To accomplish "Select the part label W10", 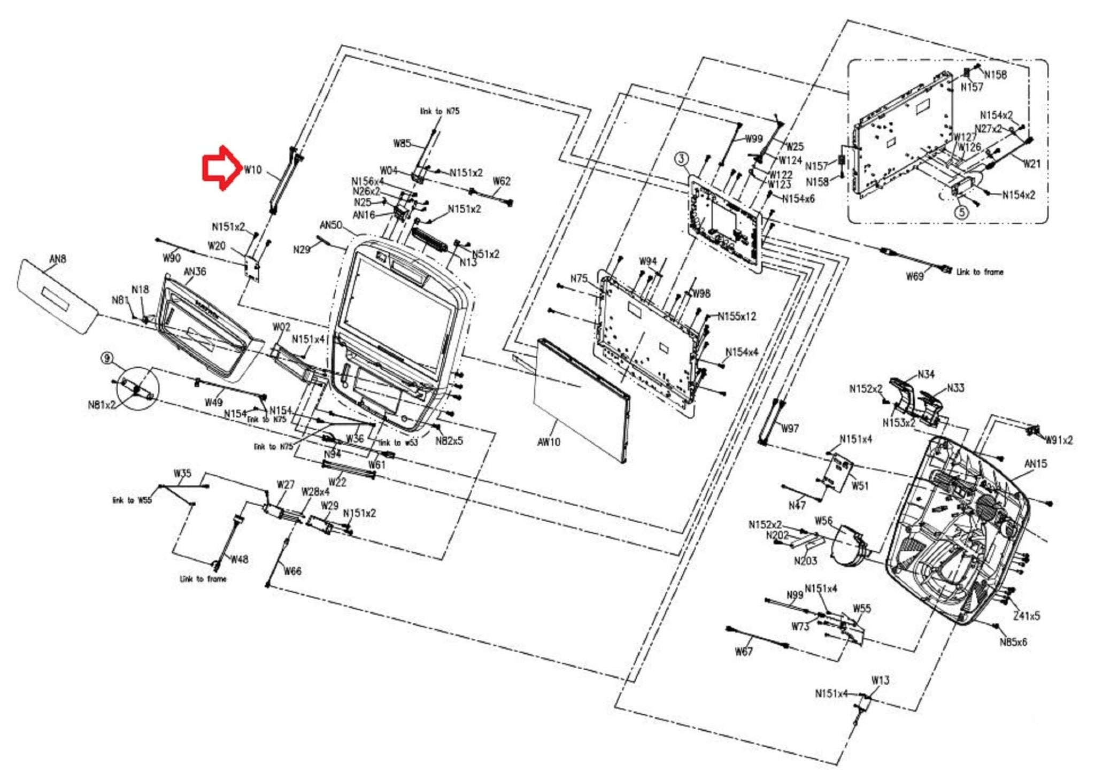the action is pos(253,170).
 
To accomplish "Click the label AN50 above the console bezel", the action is pos(330,225).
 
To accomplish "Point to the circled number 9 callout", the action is pos(108,358).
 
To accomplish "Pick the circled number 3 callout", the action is pos(681,159).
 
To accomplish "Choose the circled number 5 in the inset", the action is pos(961,212).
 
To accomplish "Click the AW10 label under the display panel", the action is pos(549,442).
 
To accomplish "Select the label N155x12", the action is pos(737,316).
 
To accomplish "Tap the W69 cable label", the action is pos(914,276).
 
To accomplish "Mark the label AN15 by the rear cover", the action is pos(1036,464).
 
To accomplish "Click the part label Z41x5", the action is pos(1027,616).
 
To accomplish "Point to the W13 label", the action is pos(880,680).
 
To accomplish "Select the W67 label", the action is pos(744,651).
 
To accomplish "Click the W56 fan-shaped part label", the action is pos(823,521).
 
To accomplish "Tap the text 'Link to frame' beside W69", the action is pos(980,272).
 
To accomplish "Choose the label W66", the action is pos(292,571).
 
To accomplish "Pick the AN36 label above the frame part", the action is pos(195,272).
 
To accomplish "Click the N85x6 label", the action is pos(1013,642).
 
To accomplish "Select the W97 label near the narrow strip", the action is pos(790,428).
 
